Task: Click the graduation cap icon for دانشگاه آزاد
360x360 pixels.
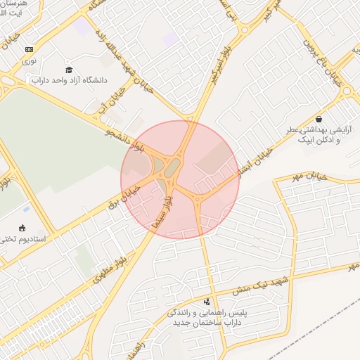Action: tap(69, 70)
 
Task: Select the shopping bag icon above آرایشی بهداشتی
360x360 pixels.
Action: tap(319, 119)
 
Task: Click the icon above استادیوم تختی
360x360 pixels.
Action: tap(22, 227)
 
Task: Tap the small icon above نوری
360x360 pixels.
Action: tap(28, 49)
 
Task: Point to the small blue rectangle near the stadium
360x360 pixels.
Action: tap(26, 208)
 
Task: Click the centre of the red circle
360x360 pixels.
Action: tap(180, 180)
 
